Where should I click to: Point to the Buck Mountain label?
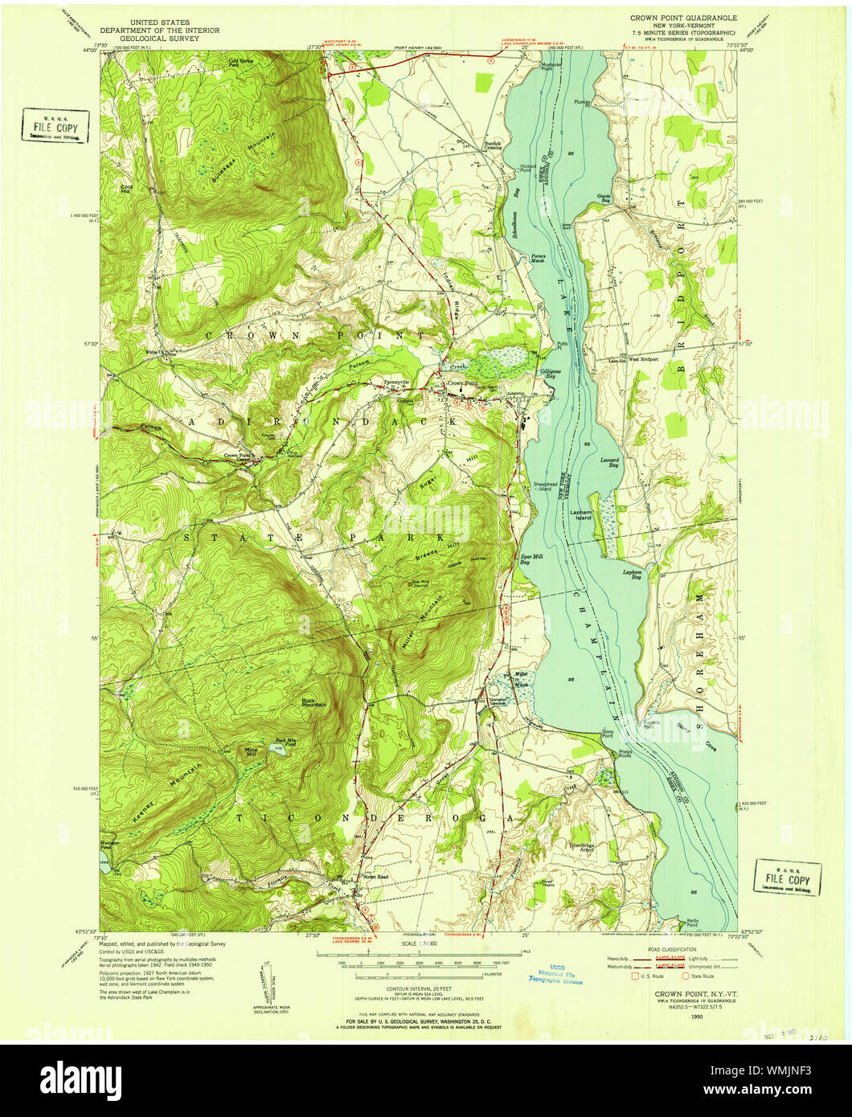pos(313,702)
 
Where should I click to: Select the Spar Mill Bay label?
pos(530,560)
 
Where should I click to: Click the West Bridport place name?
pos(643,359)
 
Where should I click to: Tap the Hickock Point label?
pos(527,168)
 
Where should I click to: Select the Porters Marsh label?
pos(539,259)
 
